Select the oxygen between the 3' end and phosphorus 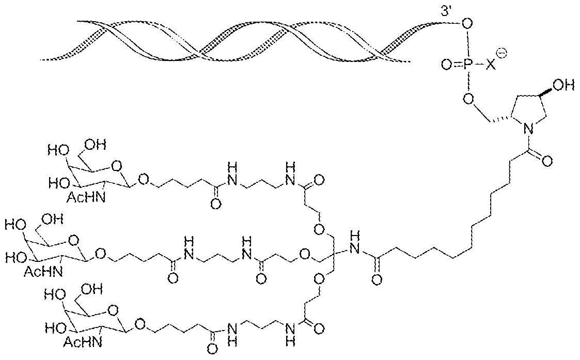[467, 24]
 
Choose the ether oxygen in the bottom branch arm [318, 279]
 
